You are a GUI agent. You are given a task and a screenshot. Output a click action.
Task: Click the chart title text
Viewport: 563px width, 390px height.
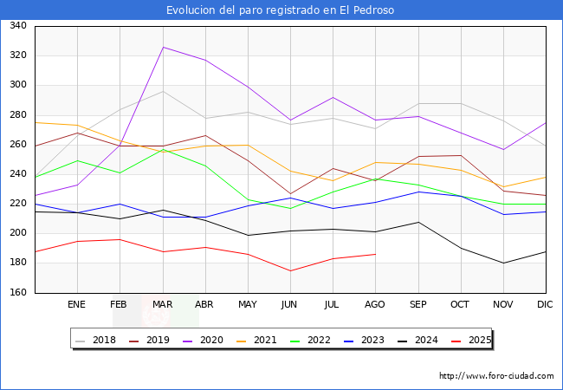pyautogui.click(x=281, y=10)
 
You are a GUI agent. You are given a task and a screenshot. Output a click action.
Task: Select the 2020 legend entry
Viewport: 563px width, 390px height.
pyautogui.click(x=208, y=340)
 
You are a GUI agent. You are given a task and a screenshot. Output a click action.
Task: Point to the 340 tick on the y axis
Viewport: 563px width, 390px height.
pyautogui.click(x=17, y=26)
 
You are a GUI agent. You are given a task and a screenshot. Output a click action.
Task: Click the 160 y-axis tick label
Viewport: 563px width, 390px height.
pyautogui.click(x=17, y=293)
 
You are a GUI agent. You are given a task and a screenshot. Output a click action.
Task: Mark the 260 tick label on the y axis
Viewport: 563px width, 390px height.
pyautogui.click(x=17, y=145)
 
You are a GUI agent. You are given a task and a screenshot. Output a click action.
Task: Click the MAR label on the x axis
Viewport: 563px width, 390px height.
pyautogui.click(x=162, y=305)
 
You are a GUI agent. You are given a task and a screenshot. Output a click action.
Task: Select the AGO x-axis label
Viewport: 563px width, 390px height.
pyautogui.click(x=375, y=305)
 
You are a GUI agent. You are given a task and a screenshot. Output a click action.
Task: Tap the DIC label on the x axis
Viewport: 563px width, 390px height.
pyautogui.click(x=545, y=305)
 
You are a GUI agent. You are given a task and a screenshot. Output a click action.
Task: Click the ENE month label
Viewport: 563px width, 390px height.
pyautogui.click(x=77, y=305)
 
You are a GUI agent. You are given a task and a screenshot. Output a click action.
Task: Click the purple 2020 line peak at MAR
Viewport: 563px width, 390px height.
pyautogui.click(x=162, y=47)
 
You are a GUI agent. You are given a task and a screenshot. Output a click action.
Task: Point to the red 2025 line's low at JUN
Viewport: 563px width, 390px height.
pyautogui.click(x=290, y=270)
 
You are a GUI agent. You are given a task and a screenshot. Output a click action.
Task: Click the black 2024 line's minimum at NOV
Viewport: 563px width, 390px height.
pyautogui.click(x=502, y=263)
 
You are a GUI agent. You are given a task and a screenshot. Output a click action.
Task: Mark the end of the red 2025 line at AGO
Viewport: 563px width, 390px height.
pyautogui.click(x=375, y=254)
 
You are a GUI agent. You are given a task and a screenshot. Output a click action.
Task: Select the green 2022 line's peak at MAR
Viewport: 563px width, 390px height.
pyautogui.click(x=162, y=149)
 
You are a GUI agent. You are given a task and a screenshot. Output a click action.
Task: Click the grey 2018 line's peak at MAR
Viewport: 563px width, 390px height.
pyautogui.click(x=162, y=91)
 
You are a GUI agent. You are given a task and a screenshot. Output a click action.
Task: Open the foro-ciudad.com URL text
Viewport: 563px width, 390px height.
pyautogui.click(x=496, y=376)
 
